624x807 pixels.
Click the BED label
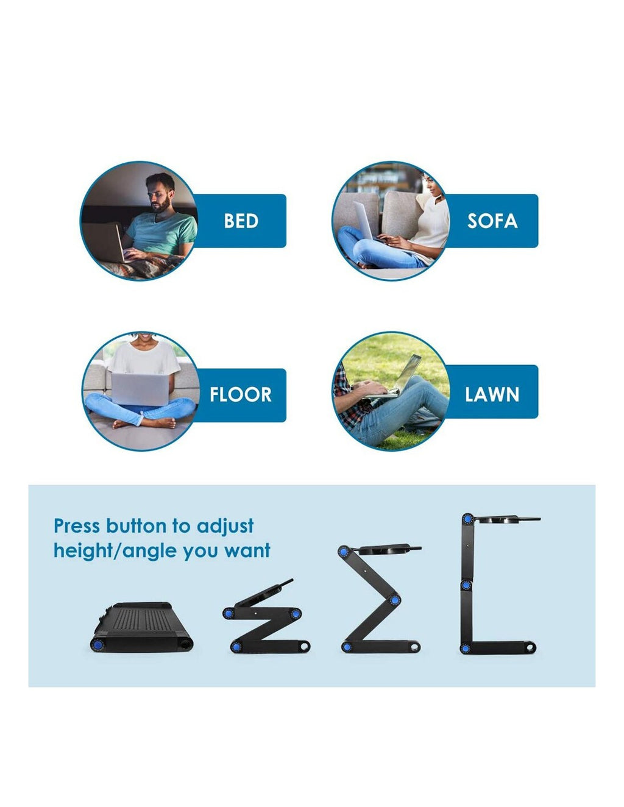[241, 221]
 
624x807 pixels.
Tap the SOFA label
[492, 221]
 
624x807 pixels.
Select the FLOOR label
[241, 394]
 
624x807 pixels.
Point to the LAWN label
[492, 394]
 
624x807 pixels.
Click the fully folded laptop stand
[142, 627]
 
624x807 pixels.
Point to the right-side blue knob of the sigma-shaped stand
[395, 600]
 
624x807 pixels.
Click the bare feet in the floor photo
[145, 422]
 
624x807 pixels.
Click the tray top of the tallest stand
[507, 518]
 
